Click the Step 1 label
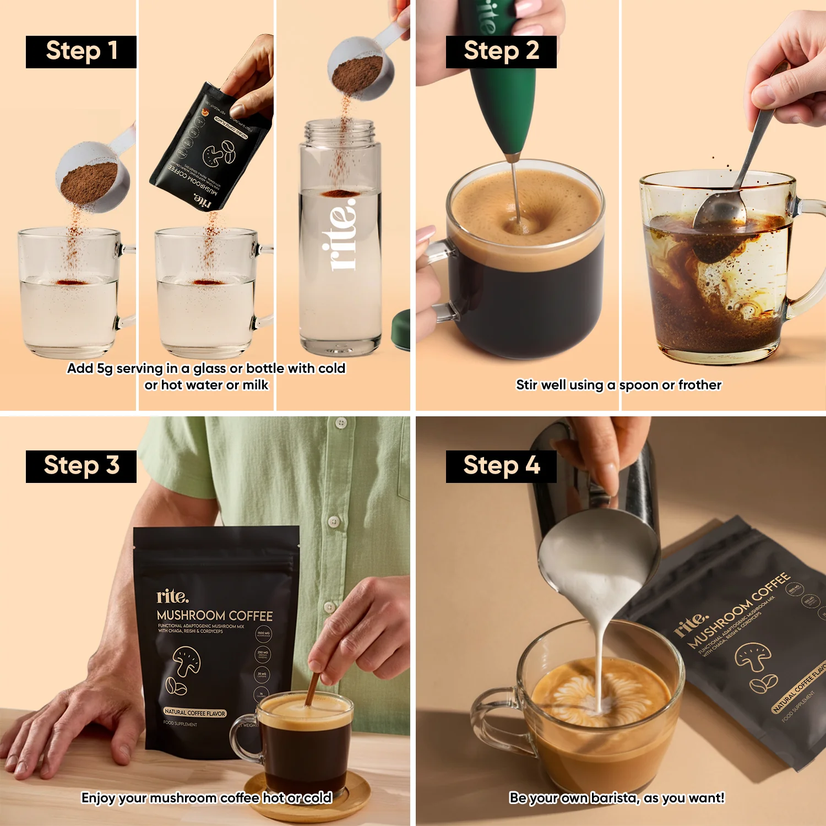click(x=81, y=52)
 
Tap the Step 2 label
click(x=501, y=52)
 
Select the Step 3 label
click(x=81, y=466)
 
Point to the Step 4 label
click(x=501, y=466)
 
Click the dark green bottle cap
click(x=400, y=330)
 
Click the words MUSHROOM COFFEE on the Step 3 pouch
click(x=215, y=615)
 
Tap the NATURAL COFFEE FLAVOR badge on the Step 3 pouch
click(x=195, y=713)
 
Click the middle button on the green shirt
click(x=333, y=521)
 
